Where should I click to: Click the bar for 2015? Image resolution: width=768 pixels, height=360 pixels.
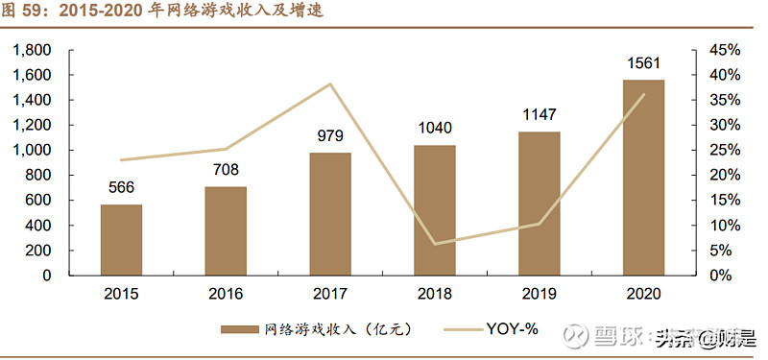(121, 239)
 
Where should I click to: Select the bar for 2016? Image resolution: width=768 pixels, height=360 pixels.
(226, 230)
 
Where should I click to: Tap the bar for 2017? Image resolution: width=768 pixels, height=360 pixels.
(330, 213)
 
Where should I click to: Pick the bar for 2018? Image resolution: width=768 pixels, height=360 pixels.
(435, 209)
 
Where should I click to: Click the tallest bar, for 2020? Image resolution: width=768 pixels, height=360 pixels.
(643, 177)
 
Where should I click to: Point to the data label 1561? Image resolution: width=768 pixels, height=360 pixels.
(643, 64)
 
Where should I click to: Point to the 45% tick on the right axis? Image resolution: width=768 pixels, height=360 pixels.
(724, 50)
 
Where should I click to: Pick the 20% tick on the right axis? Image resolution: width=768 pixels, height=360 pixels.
(724, 175)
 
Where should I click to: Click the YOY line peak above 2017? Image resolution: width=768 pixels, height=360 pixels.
(330, 84)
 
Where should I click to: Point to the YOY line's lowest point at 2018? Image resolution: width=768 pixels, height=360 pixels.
(435, 244)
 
